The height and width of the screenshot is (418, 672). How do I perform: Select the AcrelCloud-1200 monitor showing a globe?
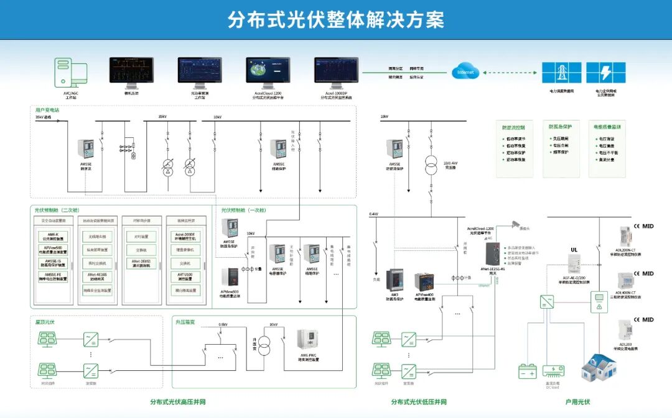tap(268, 73)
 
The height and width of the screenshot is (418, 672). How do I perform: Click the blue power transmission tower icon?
tap(562, 73)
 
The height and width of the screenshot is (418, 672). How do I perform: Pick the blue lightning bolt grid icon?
tap(606, 73)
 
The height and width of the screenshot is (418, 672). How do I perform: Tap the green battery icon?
tap(528, 371)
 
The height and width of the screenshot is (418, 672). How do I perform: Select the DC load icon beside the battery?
tap(553, 371)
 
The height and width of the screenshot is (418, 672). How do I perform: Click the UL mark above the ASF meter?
tap(574, 250)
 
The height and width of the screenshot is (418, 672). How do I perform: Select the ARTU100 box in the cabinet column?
tap(184, 276)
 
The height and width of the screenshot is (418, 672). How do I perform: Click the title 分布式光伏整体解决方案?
tap(336, 20)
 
